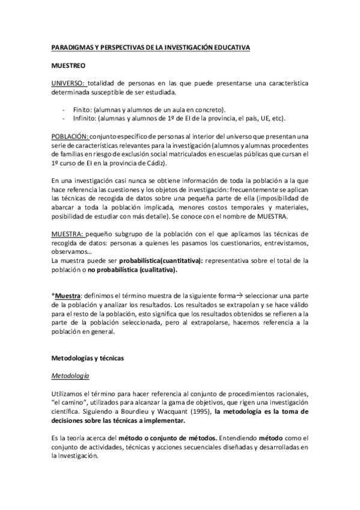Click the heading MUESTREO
tap(67, 64)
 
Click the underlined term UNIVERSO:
tap(69, 83)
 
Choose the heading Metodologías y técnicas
tap(87, 358)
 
